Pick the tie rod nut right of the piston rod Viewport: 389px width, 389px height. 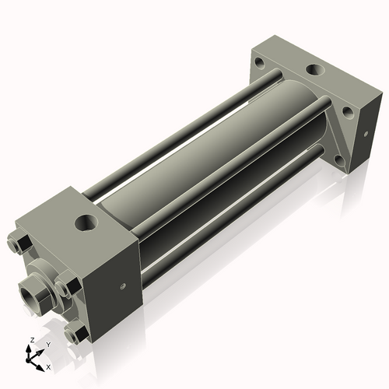click(69, 286)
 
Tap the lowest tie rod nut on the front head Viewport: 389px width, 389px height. click(75, 335)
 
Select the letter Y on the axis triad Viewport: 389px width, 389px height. click(47, 343)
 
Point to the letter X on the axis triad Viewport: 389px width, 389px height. click(48, 366)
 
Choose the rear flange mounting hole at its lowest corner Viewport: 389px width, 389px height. click(338, 161)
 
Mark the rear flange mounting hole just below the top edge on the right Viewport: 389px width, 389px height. click(347, 113)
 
